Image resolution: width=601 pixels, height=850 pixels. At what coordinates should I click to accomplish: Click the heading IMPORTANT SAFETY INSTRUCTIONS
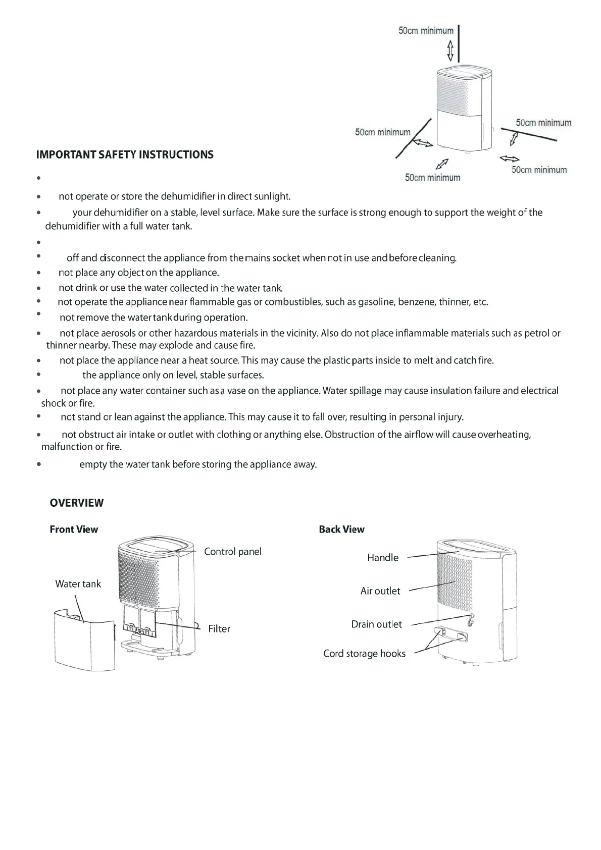tap(125, 154)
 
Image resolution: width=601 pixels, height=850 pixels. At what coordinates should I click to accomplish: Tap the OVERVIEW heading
tap(77, 503)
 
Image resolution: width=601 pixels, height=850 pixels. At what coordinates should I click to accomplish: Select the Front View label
tap(74, 529)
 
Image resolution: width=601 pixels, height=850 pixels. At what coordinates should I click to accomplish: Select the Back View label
tap(341, 529)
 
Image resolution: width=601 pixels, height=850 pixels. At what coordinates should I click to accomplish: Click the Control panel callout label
tap(233, 551)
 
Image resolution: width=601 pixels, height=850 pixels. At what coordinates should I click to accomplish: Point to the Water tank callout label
tap(78, 583)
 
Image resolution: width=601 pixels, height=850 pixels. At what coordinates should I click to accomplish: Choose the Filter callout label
tap(219, 628)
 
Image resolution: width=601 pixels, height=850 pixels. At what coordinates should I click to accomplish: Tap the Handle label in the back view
tap(383, 557)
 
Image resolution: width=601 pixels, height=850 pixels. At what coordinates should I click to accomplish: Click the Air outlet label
tap(380, 591)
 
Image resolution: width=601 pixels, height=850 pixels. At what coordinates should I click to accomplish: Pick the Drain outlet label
tap(377, 624)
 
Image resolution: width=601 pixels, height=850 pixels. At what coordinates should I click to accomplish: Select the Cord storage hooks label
tap(365, 653)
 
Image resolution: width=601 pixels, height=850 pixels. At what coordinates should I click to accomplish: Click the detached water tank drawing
tap(84, 640)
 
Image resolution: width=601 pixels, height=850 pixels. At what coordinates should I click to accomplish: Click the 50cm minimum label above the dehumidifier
tap(426, 31)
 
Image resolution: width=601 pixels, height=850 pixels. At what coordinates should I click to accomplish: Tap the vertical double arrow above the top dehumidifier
tap(450, 50)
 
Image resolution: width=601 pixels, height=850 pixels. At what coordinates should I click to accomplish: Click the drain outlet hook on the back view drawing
tap(471, 619)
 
